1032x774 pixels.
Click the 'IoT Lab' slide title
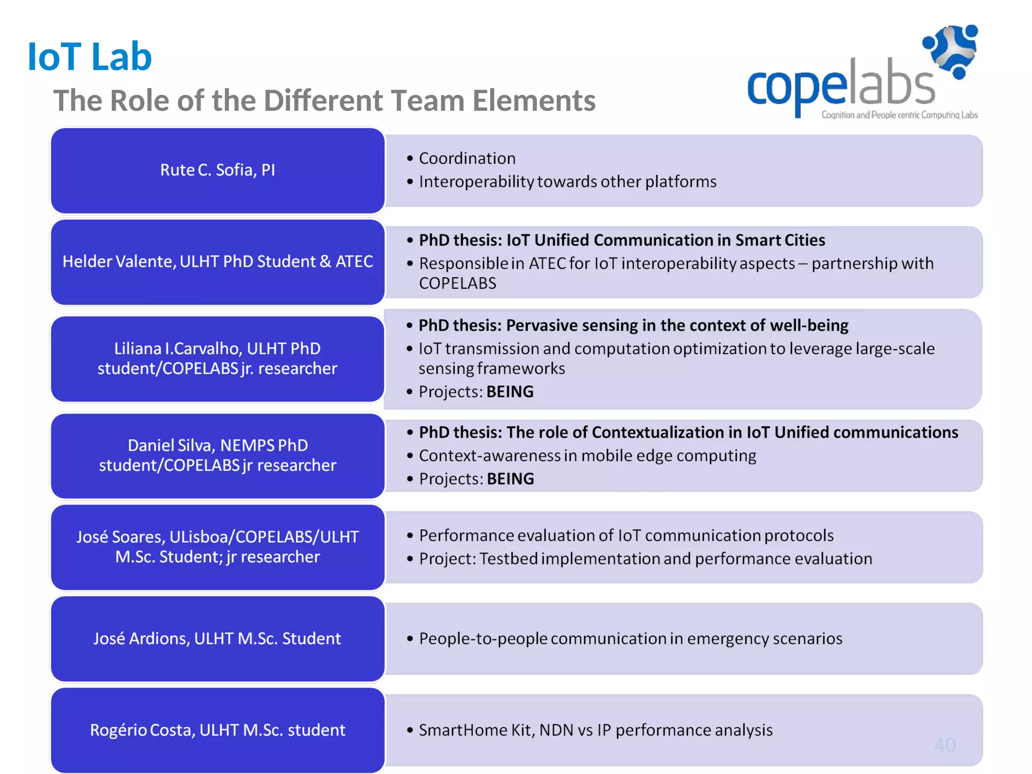pos(90,56)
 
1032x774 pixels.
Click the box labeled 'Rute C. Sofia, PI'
pos(218,170)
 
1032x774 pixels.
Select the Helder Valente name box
pos(218,262)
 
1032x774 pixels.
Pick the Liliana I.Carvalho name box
pos(218,358)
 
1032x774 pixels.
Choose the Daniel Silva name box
pos(218,455)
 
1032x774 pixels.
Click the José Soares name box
pos(218,547)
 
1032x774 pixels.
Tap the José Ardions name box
pos(218,638)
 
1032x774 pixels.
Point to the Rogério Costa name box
pos(218,730)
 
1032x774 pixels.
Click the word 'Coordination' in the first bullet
pos(467,159)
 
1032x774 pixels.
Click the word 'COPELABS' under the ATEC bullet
pos(458,284)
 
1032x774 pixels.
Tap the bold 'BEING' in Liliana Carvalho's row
pos(510,392)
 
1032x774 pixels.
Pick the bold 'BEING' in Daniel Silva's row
pos(510,479)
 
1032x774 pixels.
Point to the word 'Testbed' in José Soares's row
pos(508,559)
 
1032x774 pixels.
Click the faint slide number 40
pos(944,745)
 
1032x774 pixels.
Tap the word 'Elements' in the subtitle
pos(534,101)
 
